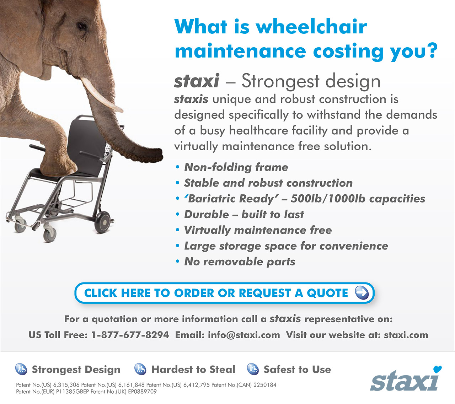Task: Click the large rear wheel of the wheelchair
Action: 103,222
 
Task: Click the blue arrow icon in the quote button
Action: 362,293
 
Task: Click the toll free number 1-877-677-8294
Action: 130,335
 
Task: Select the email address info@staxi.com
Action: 244,335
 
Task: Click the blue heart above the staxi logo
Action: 438,369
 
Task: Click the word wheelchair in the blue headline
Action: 311,27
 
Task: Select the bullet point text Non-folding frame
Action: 236,167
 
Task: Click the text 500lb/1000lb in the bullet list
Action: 328,199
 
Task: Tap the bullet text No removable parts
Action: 240,262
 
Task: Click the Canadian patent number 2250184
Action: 265,385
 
